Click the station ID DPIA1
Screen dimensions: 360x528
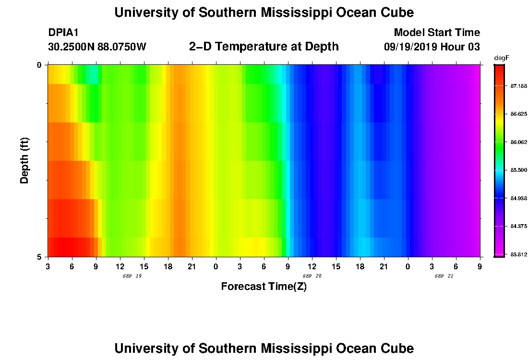(63, 33)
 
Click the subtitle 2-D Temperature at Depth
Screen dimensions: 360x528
(264, 47)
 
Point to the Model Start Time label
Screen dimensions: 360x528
(437, 33)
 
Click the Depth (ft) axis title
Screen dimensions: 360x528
(25, 160)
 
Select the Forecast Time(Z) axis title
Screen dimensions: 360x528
(264, 287)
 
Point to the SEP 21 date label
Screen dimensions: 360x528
(444, 276)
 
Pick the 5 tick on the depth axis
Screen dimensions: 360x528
(39, 257)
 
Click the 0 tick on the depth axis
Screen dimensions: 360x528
(39, 65)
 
